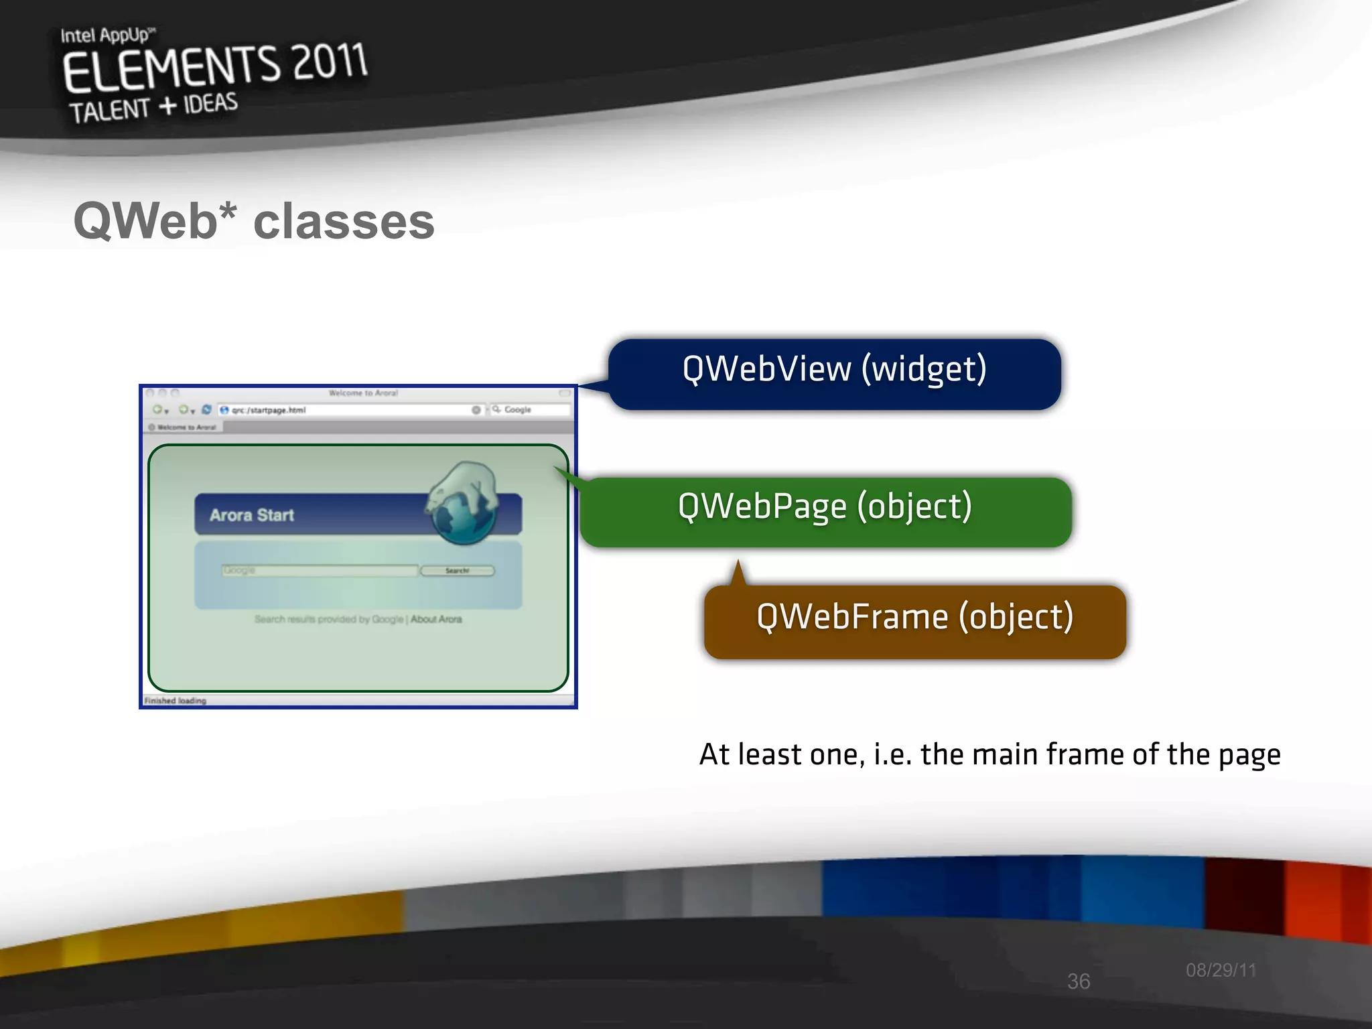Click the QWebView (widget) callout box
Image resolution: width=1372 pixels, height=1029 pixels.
point(834,374)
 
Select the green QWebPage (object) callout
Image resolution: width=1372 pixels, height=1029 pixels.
point(825,512)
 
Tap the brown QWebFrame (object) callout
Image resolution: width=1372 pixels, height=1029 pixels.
point(914,621)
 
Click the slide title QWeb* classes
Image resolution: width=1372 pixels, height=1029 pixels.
point(254,222)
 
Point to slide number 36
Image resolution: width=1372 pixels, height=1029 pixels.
point(1078,981)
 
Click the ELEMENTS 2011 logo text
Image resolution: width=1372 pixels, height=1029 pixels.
point(214,67)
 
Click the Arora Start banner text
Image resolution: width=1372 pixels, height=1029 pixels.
point(252,515)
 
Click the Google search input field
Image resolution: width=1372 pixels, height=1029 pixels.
point(319,571)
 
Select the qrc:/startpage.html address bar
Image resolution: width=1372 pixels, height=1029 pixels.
point(348,410)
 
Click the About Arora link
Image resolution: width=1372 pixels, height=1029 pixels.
point(436,619)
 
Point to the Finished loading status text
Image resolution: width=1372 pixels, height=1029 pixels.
point(176,701)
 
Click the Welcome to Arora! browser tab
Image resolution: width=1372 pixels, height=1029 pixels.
point(184,427)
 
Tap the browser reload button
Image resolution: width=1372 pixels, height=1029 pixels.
point(206,410)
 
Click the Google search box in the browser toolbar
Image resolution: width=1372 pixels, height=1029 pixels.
point(533,410)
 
